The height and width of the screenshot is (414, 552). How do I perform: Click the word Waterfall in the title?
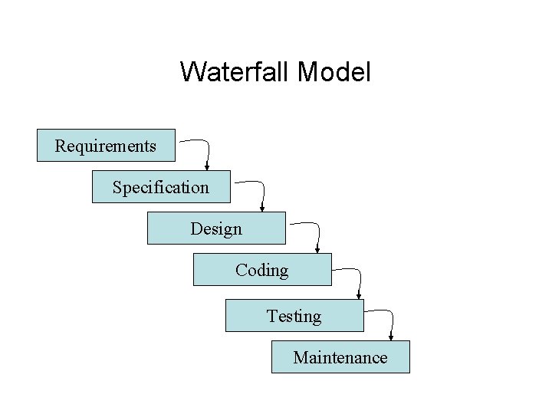[x=234, y=73]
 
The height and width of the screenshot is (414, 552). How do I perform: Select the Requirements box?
[x=106, y=145]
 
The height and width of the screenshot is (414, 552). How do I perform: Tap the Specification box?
[x=161, y=186]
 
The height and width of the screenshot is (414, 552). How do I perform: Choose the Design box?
[x=216, y=228]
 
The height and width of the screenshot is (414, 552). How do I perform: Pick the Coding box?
[x=262, y=269]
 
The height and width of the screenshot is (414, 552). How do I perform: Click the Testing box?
[x=294, y=315]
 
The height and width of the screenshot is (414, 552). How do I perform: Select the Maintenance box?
[x=340, y=356]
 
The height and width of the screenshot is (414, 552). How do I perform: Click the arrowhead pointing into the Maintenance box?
[x=391, y=337]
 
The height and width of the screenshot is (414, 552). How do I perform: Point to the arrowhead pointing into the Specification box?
[x=207, y=166]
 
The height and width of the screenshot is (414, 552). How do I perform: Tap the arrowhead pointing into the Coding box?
[x=317, y=249]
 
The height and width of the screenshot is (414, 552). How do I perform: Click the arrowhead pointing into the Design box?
[x=262, y=208]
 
